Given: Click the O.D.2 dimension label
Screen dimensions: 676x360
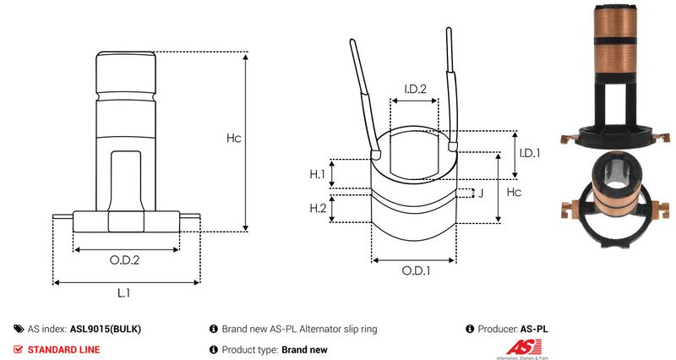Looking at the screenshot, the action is [x=124, y=260].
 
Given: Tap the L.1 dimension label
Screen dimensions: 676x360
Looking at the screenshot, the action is [x=123, y=293].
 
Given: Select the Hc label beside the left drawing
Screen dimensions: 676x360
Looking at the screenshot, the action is [x=234, y=138].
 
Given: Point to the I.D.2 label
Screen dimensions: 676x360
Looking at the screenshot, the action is [x=415, y=89].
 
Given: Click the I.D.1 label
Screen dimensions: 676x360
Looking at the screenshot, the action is [x=530, y=153].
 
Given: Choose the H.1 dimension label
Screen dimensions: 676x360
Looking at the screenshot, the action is [x=318, y=174].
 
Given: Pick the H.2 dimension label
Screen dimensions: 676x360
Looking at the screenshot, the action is [x=318, y=208].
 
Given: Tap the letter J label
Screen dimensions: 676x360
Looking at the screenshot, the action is [x=481, y=193].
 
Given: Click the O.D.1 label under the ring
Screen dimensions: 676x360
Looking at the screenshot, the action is [x=416, y=270].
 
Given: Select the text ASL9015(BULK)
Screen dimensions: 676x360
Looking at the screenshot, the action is [x=106, y=329].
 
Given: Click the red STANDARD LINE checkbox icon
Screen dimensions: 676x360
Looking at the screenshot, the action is [x=18, y=349].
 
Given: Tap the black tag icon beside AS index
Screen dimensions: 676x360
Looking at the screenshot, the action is [x=19, y=329].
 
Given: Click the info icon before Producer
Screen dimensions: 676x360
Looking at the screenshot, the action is [x=470, y=329].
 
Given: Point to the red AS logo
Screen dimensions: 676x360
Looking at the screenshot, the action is [x=524, y=347].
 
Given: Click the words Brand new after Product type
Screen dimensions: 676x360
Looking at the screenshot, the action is [x=304, y=350].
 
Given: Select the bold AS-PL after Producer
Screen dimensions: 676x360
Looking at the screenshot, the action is [x=534, y=329].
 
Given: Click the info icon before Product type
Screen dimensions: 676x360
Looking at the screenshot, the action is [x=214, y=349].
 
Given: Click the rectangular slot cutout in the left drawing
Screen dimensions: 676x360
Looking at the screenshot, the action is [x=125, y=181].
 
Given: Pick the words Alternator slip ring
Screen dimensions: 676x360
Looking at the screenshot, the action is [x=339, y=329].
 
